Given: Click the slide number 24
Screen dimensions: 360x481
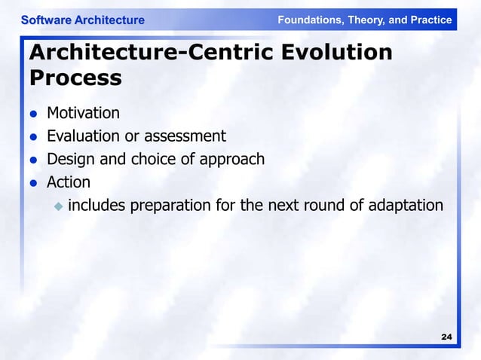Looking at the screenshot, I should coord(446,337).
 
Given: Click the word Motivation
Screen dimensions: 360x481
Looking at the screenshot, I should coord(83,113).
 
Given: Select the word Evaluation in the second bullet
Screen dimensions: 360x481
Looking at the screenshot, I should coord(81,136).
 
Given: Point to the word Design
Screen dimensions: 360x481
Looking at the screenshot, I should coord(69,159).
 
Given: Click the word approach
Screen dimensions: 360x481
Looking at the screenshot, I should coord(231,160).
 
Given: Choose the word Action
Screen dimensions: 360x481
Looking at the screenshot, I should coord(69,182).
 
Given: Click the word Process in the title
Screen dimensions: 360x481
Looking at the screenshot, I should coord(75,78).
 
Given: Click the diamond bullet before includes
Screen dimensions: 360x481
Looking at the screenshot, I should coord(57,205).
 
